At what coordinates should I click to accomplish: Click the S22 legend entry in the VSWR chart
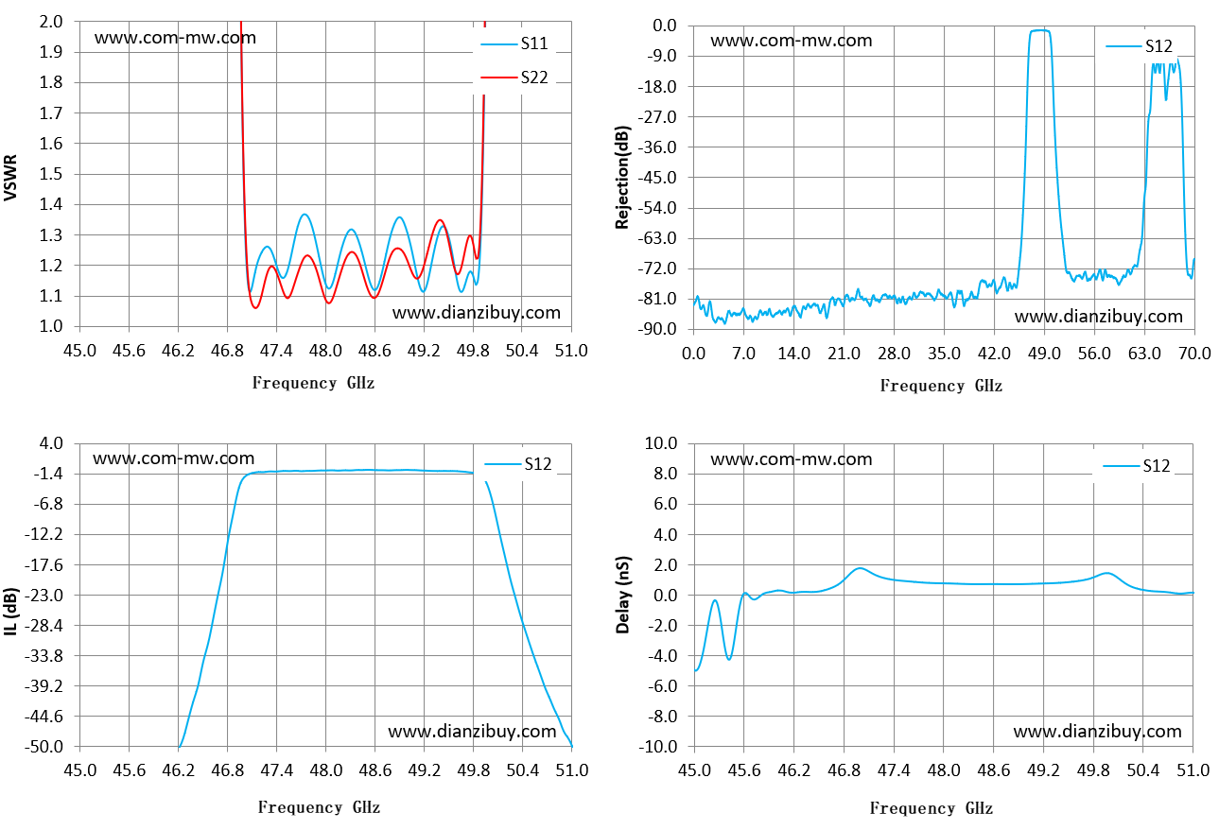(514, 78)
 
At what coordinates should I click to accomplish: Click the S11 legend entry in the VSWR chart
(514, 43)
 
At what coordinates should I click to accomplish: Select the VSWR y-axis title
(11, 178)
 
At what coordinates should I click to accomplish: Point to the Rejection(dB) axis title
(622, 178)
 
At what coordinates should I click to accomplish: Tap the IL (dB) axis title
(11, 612)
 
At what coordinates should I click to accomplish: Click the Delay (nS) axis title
(622, 595)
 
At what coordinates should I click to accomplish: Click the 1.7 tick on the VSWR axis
(51, 113)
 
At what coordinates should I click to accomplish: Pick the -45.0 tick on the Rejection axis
(657, 178)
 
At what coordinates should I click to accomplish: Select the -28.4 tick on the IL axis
(44, 626)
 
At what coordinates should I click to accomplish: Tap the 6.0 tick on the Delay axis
(665, 504)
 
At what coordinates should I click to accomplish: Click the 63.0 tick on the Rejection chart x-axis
(1144, 354)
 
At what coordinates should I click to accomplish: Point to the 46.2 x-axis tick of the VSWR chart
(178, 351)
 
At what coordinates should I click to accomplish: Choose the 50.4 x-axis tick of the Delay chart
(1142, 770)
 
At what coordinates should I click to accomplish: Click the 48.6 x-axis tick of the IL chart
(374, 770)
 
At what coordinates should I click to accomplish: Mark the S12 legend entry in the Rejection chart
(1140, 46)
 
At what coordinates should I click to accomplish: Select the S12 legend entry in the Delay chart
(1137, 466)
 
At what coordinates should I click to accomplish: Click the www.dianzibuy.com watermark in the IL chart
(472, 732)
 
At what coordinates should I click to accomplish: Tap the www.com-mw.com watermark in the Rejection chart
(792, 41)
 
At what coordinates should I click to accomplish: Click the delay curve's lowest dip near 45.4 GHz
(729, 659)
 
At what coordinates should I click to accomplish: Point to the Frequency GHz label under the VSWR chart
(313, 383)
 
